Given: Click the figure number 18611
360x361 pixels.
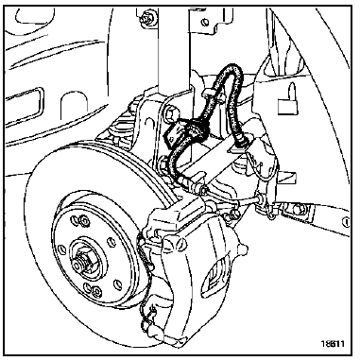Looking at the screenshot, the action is (332, 343).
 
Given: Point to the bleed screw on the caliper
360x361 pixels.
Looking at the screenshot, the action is (243, 248).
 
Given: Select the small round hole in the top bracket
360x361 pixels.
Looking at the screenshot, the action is (205, 22).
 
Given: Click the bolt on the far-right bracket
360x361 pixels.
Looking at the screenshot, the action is (297, 208).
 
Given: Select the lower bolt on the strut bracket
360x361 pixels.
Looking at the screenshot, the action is (163, 163).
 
